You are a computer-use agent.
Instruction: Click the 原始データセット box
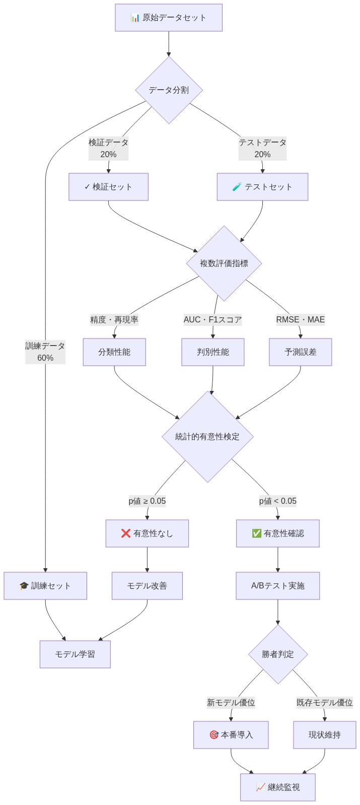[168, 18]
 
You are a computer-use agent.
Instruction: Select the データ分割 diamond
[169, 90]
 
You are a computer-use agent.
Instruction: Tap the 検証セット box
[108, 187]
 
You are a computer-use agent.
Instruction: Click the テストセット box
[262, 187]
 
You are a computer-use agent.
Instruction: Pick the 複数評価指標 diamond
[224, 263]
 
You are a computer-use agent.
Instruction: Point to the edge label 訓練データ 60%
[45, 352]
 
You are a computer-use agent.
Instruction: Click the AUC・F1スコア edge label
[212, 320]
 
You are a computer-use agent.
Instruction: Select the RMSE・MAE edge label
[300, 320]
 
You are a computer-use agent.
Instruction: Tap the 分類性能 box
[114, 352]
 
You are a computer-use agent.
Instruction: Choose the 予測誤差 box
[300, 352]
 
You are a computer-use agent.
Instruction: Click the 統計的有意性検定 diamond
[207, 437]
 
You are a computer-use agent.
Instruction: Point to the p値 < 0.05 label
[277, 501]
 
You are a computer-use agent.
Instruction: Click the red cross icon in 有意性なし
[126, 533]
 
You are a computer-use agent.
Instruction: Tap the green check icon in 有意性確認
[256, 533]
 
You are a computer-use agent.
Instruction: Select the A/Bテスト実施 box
[277, 586]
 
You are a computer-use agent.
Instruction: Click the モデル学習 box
[75, 654]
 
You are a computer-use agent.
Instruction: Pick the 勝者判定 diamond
[277, 654]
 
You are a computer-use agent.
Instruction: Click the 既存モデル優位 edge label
[324, 703]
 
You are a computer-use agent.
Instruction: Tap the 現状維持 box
[324, 735]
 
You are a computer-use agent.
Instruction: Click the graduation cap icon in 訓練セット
[24, 586]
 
